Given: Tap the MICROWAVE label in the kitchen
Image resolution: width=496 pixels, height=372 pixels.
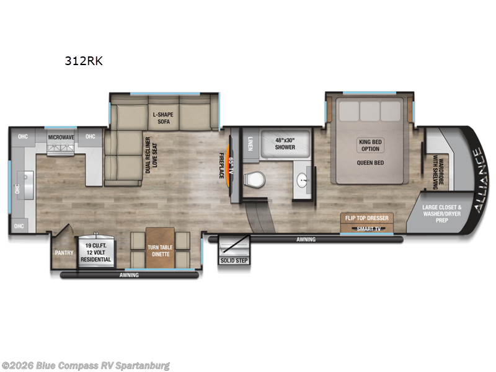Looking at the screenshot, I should pos(61,136).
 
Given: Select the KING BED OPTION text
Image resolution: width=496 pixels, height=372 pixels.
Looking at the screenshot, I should pos(371,145).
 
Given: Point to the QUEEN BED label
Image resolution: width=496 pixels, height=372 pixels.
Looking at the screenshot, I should pos(371,163).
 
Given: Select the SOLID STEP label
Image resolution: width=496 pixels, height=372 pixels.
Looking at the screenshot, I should pos(234,260).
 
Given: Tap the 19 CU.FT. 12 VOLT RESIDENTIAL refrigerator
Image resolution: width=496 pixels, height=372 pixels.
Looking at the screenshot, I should pos(95,251).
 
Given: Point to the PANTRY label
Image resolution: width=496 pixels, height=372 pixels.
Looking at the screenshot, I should pos(63,252).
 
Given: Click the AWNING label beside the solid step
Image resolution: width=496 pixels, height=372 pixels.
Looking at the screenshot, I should pos(305,239).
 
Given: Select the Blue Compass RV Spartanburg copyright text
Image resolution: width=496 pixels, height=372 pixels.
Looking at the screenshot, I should pos(86,365).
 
